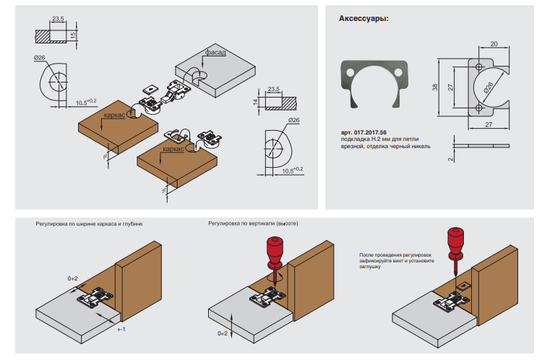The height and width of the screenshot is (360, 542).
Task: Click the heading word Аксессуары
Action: (x=364, y=19)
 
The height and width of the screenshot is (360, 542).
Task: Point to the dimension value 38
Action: (x=435, y=87)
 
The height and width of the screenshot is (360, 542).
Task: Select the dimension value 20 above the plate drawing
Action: (x=493, y=44)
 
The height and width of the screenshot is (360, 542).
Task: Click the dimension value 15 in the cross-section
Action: (x=72, y=35)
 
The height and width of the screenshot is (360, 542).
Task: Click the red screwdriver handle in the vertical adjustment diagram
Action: (x=274, y=249)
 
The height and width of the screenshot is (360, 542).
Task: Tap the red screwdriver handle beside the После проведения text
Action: (x=457, y=241)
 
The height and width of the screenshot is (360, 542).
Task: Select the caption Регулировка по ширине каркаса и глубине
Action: (x=89, y=224)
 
